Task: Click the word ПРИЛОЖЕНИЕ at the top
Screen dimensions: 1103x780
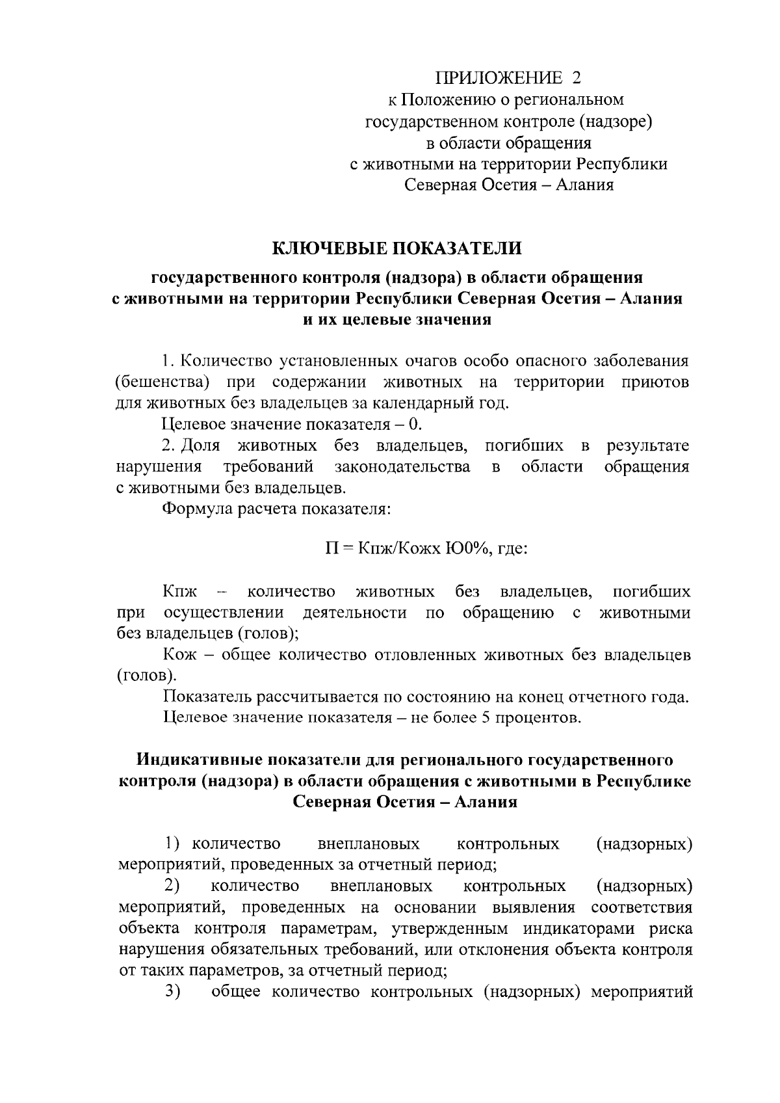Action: (499, 78)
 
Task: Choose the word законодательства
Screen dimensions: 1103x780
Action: (402, 467)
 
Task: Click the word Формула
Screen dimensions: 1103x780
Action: (196, 509)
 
